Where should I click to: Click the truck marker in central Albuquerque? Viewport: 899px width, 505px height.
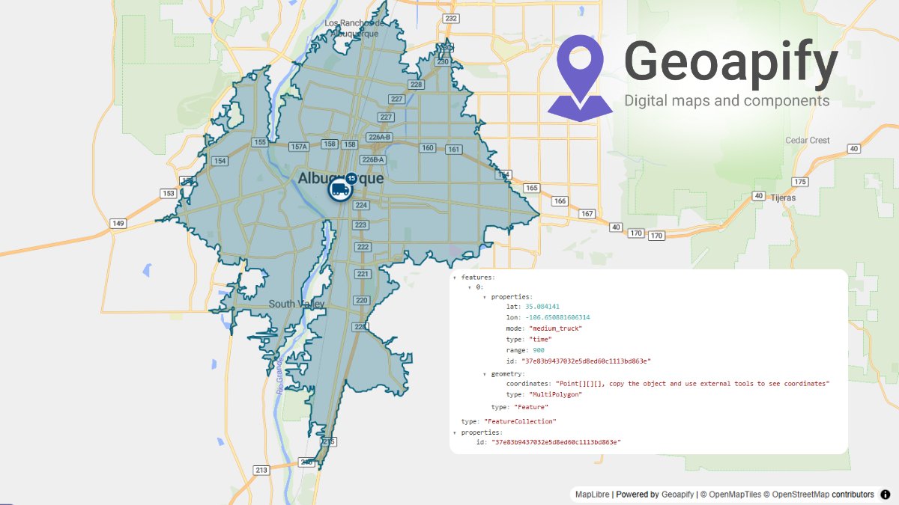pyautogui.click(x=339, y=189)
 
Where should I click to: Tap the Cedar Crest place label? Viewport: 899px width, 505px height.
pyautogui.click(x=808, y=140)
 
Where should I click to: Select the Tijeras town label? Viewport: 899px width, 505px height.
pyautogui.click(x=781, y=198)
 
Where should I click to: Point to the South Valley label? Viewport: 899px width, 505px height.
pyautogui.click(x=297, y=304)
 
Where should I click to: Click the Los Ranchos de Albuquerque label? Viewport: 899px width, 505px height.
pyautogui.click(x=355, y=28)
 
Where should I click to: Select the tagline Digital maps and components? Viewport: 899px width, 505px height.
pyautogui.click(x=727, y=100)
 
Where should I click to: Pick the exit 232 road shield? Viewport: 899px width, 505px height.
pyautogui.click(x=451, y=18)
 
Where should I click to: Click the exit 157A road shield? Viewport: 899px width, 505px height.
pyautogui.click(x=299, y=147)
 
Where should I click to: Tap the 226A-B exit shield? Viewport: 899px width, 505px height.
pyautogui.click(x=379, y=137)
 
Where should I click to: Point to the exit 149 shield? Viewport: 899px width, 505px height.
pyautogui.click(x=118, y=223)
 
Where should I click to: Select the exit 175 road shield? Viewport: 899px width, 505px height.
pyautogui.click(x=801, y=182)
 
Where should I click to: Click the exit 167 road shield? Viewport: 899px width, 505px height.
pyautogui.click(x=587, y=214)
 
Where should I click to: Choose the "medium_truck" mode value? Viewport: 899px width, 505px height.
pyautogui.click(x=555, y=328)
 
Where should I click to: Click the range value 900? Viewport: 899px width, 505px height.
pyautogui.click(x=539, y=350)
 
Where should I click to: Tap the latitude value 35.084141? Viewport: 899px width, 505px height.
pyautogui.click(x=542, y=307)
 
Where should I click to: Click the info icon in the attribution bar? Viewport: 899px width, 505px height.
pyautogui.click(x=885, y=495)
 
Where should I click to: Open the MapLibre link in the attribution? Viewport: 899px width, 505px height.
pyautogui.click(x=592, y=495)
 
